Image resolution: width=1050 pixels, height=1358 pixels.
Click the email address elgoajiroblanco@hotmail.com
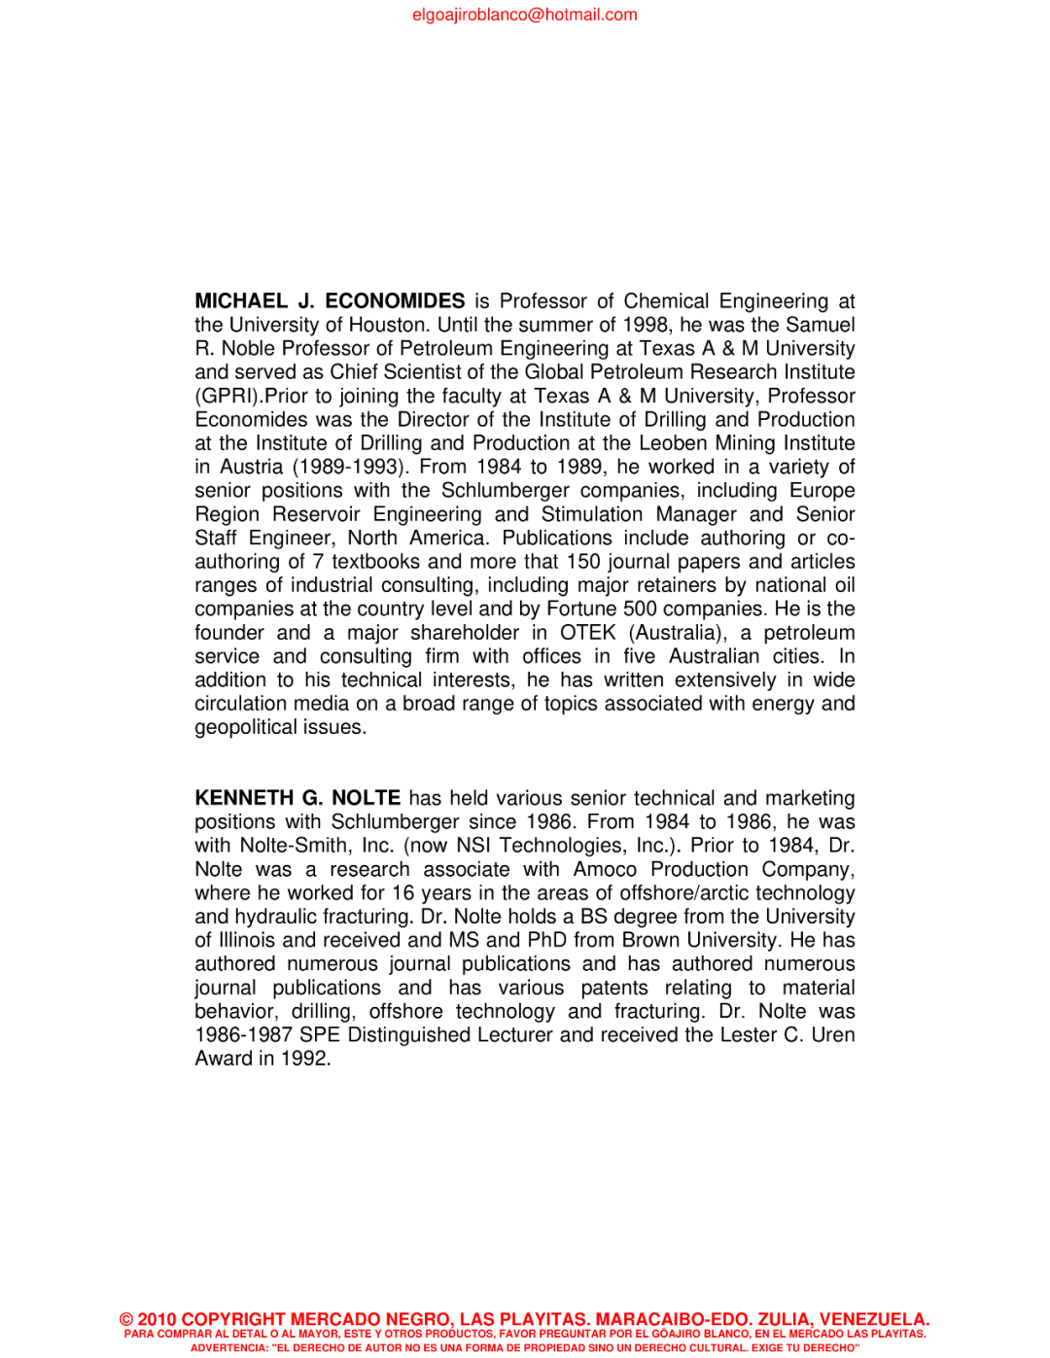pos(524,15)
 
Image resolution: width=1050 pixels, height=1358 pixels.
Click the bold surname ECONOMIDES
pos(395,301)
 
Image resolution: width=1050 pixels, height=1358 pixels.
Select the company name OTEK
pos(587,633)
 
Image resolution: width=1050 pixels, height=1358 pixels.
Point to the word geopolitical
pos(247,727)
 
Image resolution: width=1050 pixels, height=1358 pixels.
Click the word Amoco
pos(605,869)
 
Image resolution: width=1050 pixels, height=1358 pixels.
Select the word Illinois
pos(247,940)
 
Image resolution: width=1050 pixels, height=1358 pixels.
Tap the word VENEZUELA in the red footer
pos(874,1319)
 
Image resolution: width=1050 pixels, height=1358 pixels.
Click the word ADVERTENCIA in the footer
pos(228,1347)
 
